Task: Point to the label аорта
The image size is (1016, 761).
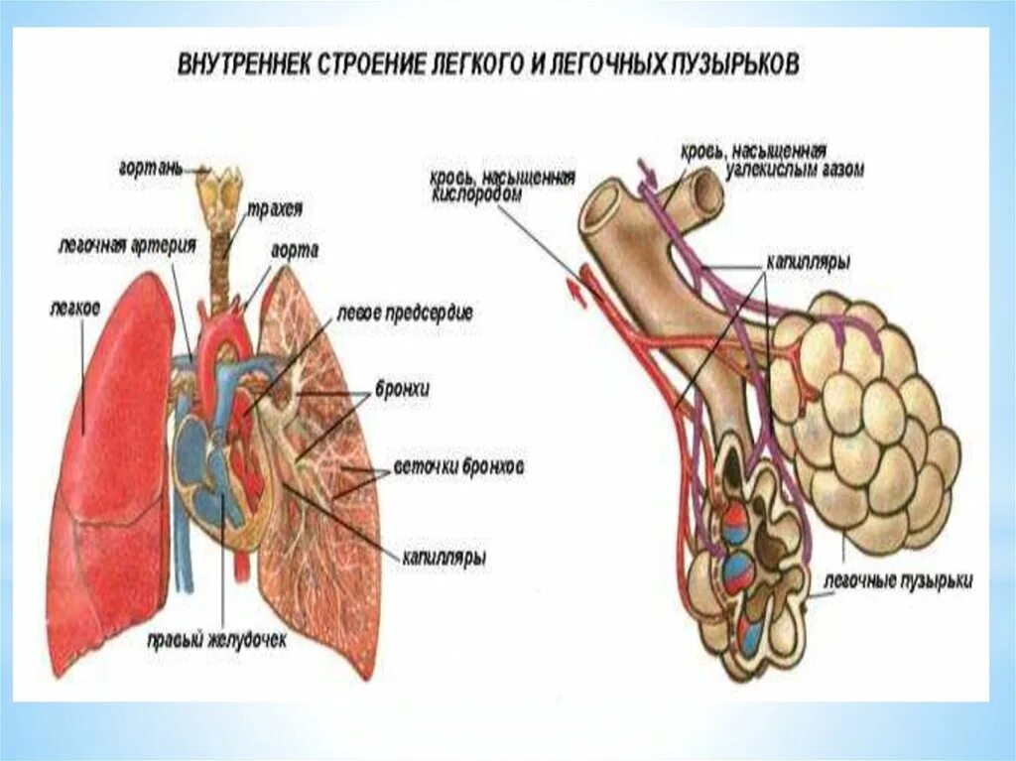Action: (x=296, y=252)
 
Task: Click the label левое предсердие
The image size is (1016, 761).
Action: (x=404, y=313)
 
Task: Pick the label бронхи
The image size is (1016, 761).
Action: (x=401, y=389)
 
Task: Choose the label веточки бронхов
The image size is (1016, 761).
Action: (x=458, y=465)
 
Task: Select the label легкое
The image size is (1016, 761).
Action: (x=74, y=309)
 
